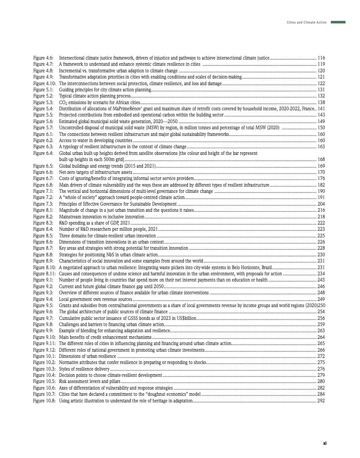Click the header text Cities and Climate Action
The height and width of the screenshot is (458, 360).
(306, 22)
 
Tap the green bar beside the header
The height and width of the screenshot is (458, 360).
(338, 22)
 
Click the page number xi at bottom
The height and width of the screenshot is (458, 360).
(324, 443)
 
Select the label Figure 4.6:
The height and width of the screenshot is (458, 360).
(43, 58)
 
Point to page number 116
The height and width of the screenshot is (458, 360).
(321, 58)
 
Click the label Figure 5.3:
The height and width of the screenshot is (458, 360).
(43, 102)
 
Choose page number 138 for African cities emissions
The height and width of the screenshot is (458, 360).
(321, 102)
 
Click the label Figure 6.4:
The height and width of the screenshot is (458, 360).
(43, 153)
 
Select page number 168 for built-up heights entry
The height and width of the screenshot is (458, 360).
(321, 159)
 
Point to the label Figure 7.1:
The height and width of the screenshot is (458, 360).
(43, 191)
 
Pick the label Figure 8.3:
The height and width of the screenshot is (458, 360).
(43, 223)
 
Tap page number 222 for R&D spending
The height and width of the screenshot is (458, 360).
(321, 223)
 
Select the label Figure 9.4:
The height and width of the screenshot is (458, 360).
(43, 299)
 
